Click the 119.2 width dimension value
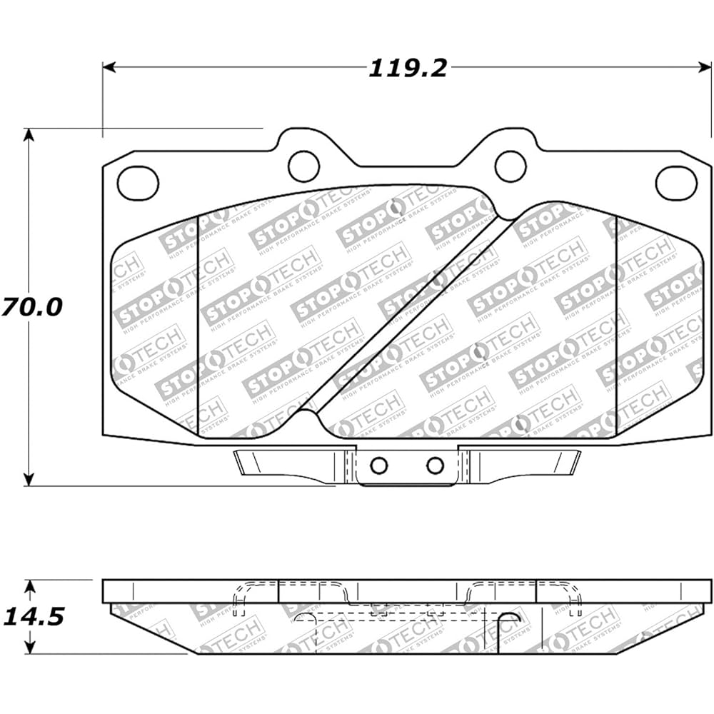point(408,68)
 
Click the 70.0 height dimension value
point(31,307)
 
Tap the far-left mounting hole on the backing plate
point(138,183)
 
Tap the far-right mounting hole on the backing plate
point(675,183)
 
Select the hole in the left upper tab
point(303,166)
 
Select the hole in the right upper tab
point(511,166)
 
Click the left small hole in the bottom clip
point(379,466)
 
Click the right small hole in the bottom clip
point(435,466)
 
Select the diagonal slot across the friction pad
point(411,318)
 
